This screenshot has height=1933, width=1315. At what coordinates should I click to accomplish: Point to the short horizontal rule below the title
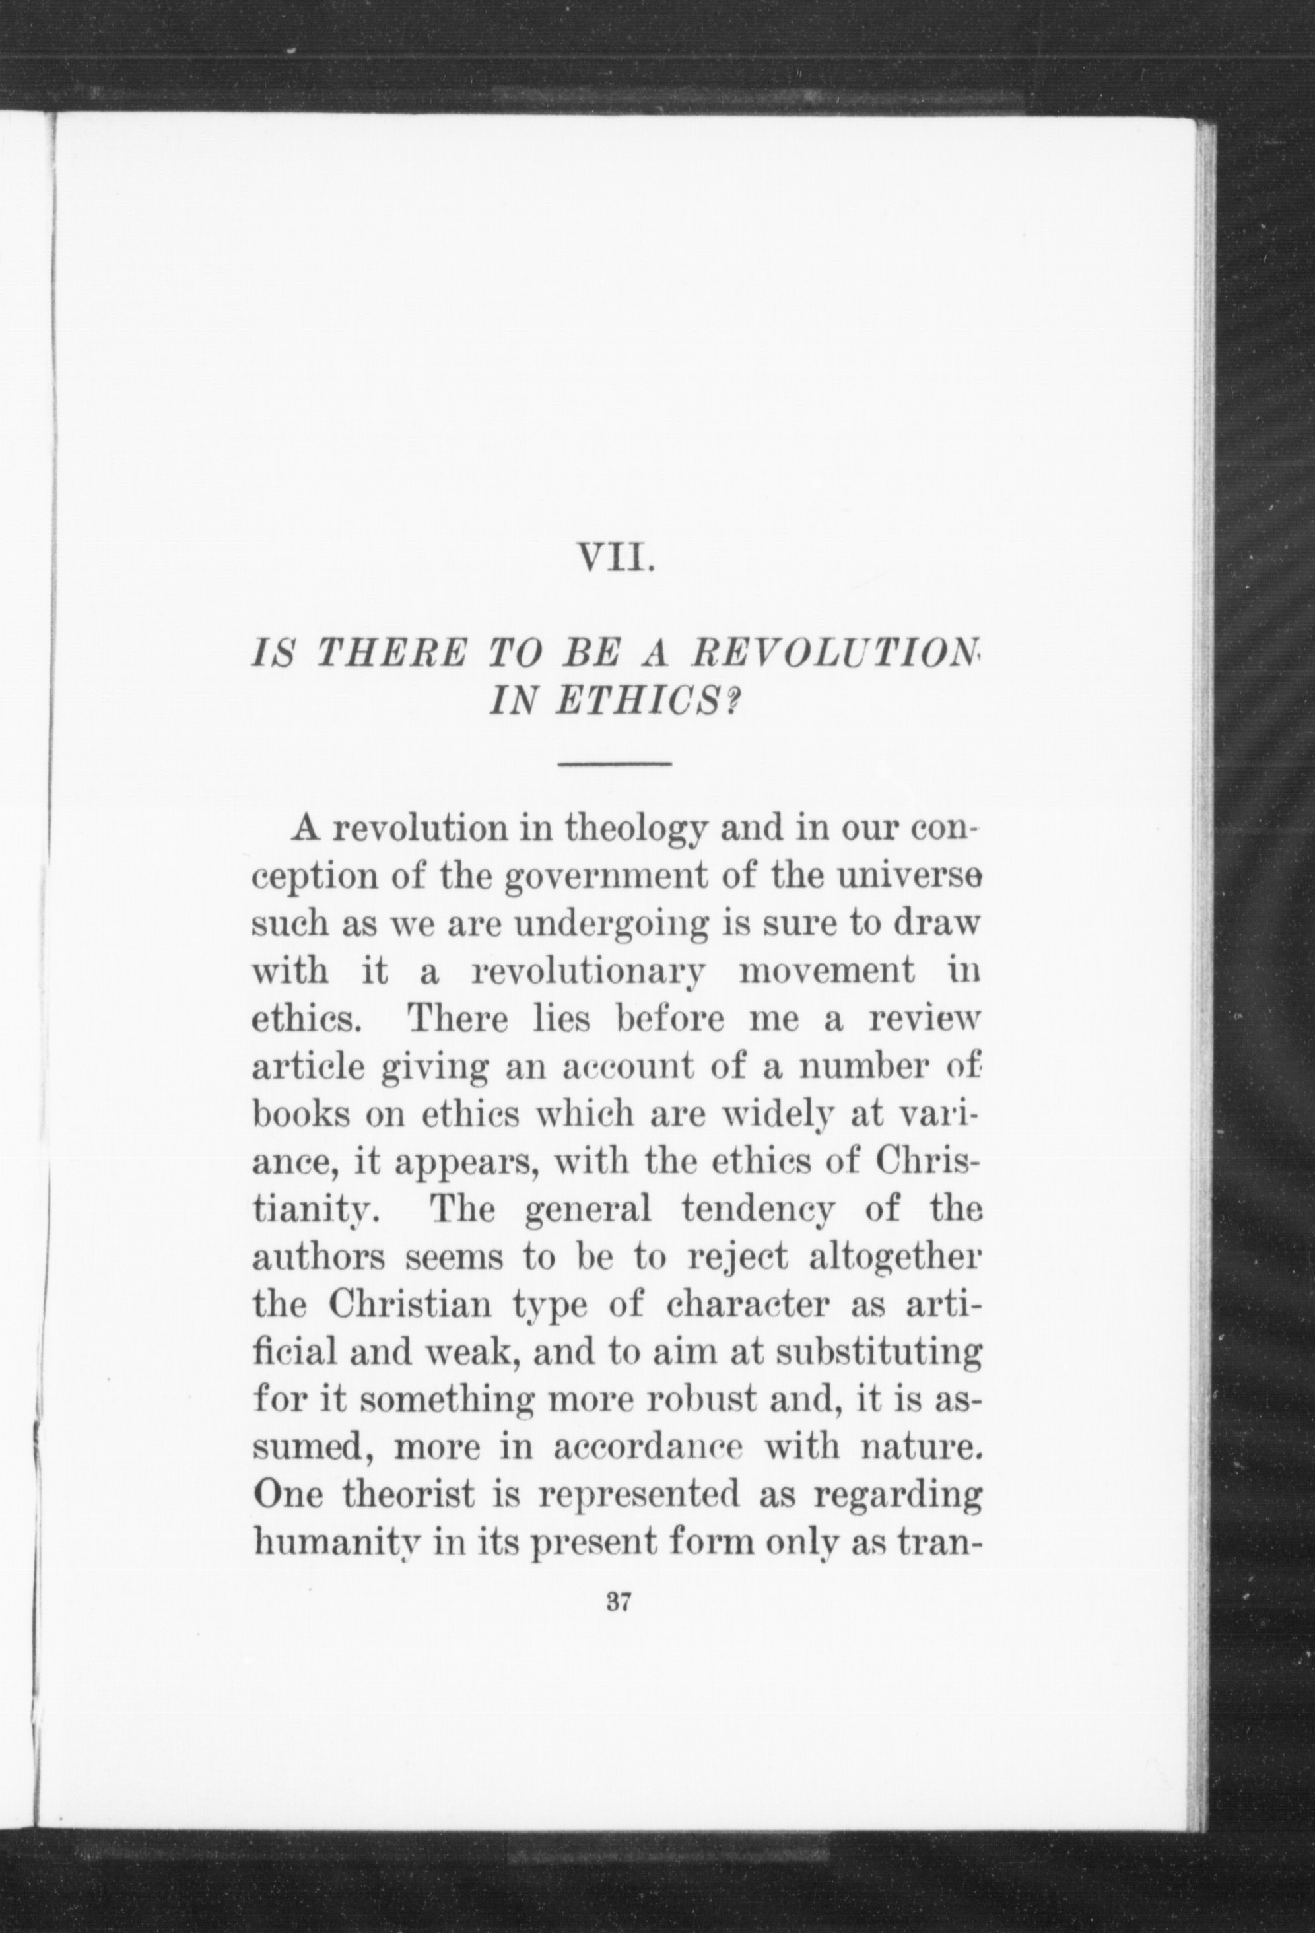[x=615, y=763]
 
